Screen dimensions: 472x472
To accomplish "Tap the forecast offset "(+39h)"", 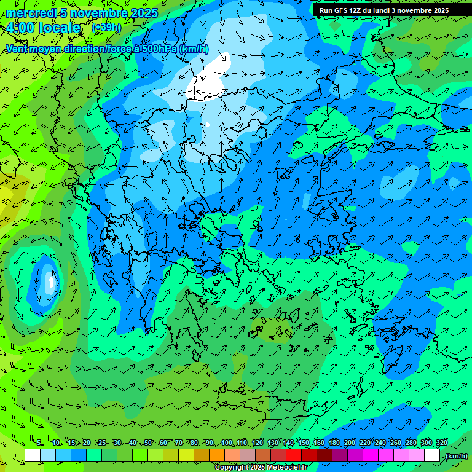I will pyautogui.click(x=106, y=28).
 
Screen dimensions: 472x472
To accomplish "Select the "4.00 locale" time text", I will pyautogui.click(x=43, y=28).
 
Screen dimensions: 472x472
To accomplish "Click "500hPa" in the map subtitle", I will pyautogui.click(x=156, y=49).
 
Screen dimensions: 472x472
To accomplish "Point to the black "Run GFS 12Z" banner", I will pyautogui.click(x=384, y=10).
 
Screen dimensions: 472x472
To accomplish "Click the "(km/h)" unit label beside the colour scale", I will pyautogui.click(x=455, y=456).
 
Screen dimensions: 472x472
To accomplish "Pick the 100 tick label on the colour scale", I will pyautogui.click(x=227, y=443).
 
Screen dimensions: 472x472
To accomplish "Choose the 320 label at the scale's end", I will pyautogui.click(x=442, y=443).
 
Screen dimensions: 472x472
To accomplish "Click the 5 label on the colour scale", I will pyautogui.click(x=39, y=443).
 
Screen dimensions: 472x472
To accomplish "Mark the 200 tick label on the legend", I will pyautogui.click(x=350, y=443).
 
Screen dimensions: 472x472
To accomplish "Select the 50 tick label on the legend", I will pyautogui.click(x=148, y=443).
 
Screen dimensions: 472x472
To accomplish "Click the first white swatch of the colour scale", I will pyautogui.click(x=33, y=455).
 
